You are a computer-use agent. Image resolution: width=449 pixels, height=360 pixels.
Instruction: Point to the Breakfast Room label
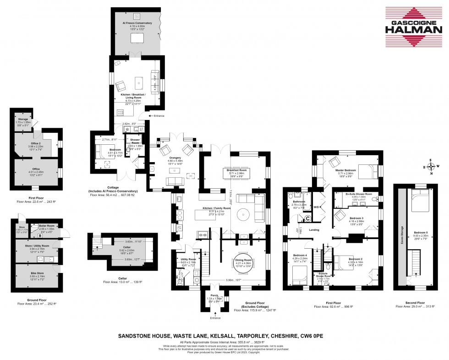pyautogui.click(x=237, y=170)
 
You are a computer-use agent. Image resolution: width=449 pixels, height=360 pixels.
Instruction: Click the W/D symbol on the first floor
pyautogui.click(x=317, y=207)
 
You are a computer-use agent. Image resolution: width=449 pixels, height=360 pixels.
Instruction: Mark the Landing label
pyautogui.click(x=314, y=230)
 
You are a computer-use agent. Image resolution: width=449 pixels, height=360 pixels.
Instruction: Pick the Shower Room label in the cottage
pyautogui.click(x=135, y=141)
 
